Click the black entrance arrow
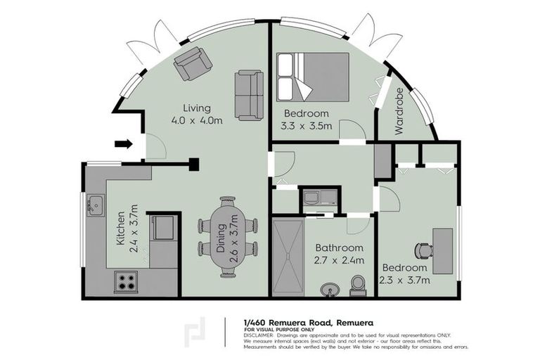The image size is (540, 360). (x=123, y=144)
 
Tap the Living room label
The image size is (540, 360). (x=197, y=108)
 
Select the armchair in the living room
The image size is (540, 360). (x=193, y=63)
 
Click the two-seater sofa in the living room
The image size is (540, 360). (x=250, y=95)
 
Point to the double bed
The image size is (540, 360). (x=312, y=77)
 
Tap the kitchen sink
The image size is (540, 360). (x=96, y=206)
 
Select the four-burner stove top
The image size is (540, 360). (x=126, y=282)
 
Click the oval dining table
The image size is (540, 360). (x=227, y=237)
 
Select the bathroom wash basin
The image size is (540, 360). (x=329, y=290)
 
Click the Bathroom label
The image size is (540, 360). (x=339, y=248)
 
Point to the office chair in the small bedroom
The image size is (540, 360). (x=422, y=250)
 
